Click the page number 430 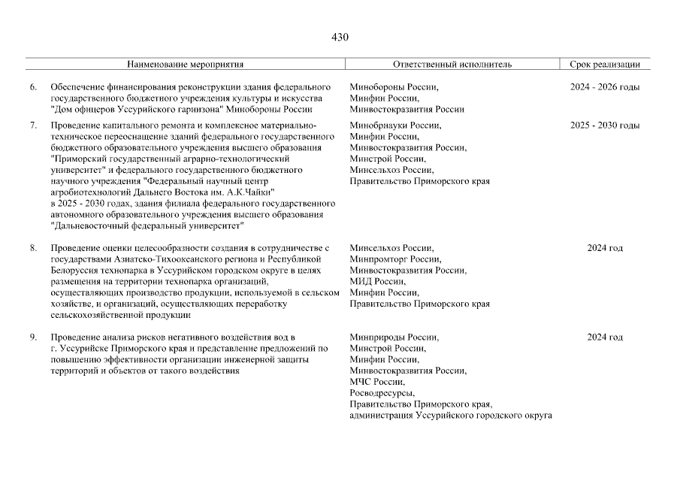(x=340, y=37)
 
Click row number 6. (x=33, y=87)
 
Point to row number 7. (x=33, y=125)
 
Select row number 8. (x=33, y=248)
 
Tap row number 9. (x=33, y=337)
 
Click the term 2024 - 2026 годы (x=605, y=87)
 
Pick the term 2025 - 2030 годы (x=605, y=125)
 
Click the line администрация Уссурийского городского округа (x=451, y=416)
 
